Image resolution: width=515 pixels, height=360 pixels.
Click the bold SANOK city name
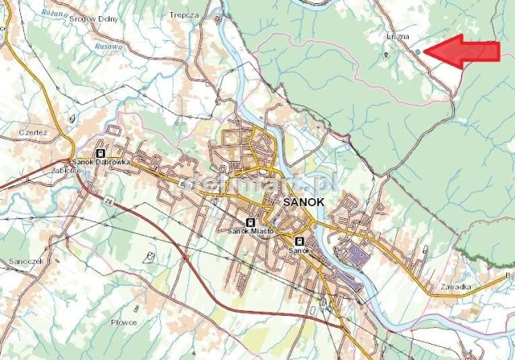306,203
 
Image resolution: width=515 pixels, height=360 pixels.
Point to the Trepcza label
184,14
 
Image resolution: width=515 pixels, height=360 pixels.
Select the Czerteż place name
35,131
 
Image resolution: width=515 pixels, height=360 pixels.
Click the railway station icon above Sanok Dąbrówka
100,151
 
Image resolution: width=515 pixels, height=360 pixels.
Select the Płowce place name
124,322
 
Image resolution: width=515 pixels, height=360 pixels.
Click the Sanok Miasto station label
250,232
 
